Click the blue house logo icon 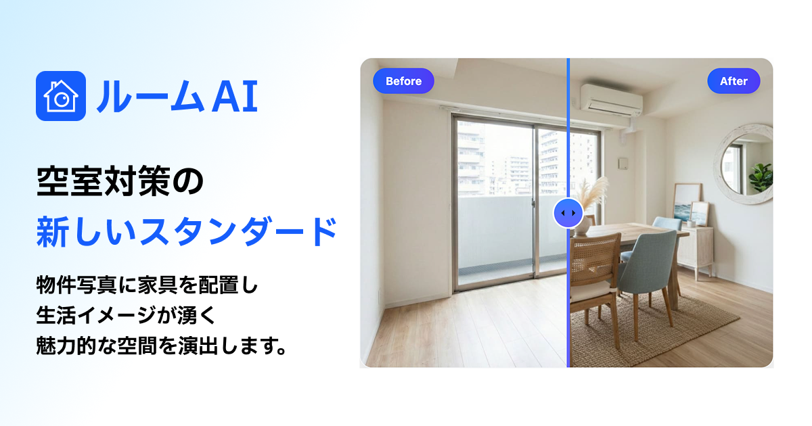point(60,96)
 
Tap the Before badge point(403,81)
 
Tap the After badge point(734,81)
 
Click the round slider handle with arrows point(568,214)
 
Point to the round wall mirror point(745,163)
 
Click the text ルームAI point(177,97)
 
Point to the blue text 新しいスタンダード point(187,232)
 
